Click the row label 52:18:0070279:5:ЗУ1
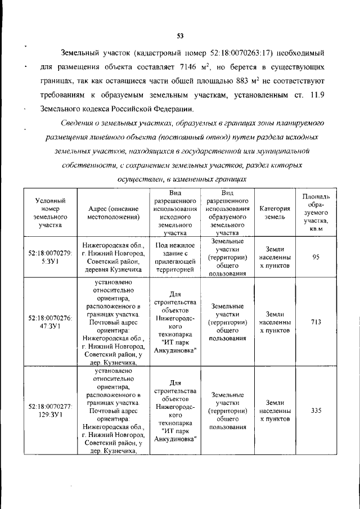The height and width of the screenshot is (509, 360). (49, 257)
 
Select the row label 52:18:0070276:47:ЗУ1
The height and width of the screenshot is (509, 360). (49, 322)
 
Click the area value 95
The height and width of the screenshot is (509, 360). (316, 257)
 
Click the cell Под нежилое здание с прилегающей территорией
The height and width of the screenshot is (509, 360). (175, 258)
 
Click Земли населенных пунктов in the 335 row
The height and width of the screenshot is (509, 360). (275, 411)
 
